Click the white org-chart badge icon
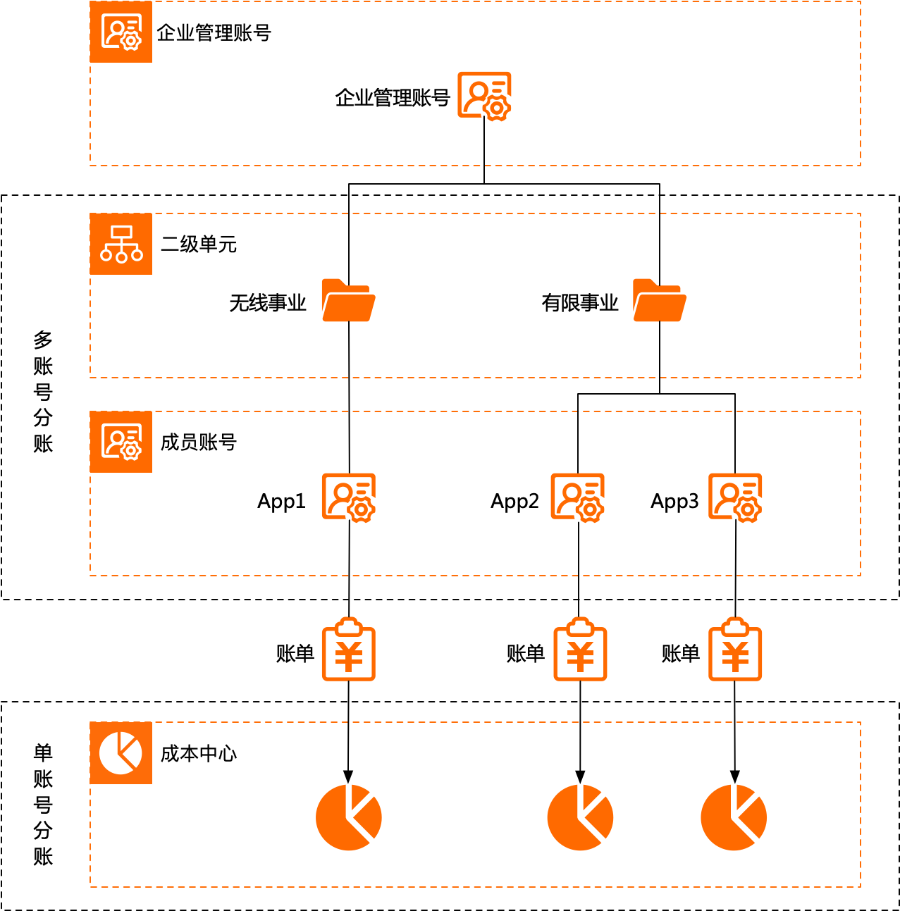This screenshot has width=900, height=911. coord(121,244)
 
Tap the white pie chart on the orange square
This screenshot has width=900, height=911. coord(121,752)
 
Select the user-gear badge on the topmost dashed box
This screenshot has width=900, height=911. coord(121,32)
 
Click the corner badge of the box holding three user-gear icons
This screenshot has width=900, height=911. coord(121,442)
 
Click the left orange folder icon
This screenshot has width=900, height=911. coord(348,300)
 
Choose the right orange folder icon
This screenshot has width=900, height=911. coord(660,300)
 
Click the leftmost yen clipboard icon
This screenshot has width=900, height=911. coord(348,650)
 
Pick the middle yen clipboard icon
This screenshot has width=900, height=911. coord(580,650)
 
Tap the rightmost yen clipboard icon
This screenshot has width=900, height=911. coord(735,650)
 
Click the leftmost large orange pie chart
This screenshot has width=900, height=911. coord(348,817)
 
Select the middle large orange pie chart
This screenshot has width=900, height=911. coord(580,817)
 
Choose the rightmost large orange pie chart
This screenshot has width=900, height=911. coord(734,817)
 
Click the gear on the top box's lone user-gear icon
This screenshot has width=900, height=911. coord(498,109)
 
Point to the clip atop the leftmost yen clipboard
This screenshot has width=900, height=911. coord(348,625)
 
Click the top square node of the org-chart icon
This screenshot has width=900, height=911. coord(121,233)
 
